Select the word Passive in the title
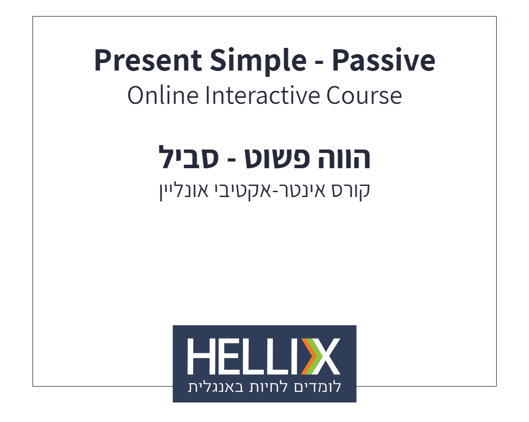coord(383,61)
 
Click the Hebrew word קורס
coord(352,190)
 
